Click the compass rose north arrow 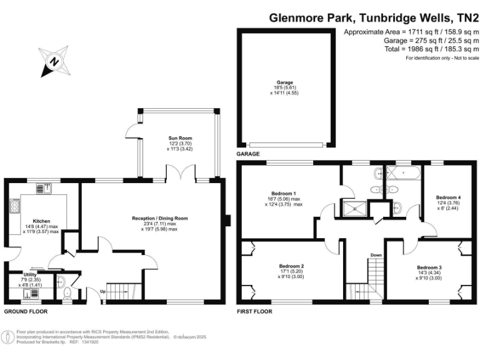point(54,61)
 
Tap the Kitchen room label point(41,221)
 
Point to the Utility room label point(29,274)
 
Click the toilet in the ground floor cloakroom point(67,292)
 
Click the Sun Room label point(179,138)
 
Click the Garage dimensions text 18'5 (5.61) point(285,88)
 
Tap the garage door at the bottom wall point(285,145)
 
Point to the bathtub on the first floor point(403,172)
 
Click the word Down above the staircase point(376,255)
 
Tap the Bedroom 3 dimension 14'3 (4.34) point(429,272)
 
